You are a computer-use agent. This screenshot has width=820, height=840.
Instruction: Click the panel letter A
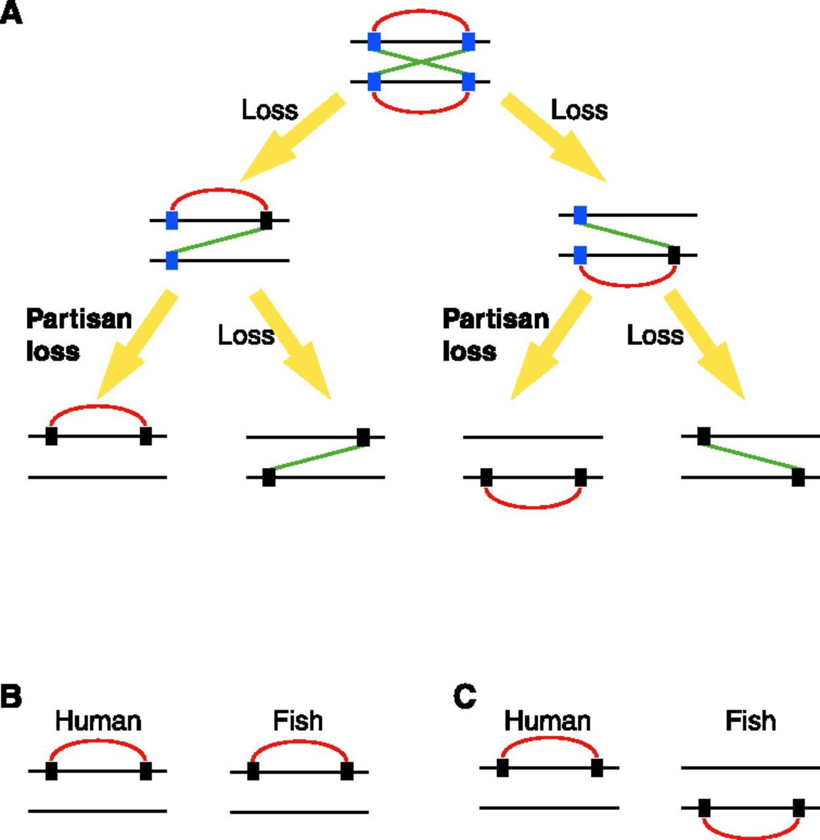coord(11,13)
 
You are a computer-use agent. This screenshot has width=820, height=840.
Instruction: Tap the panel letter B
coord(11,696)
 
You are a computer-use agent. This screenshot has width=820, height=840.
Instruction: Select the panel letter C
coord(465,696)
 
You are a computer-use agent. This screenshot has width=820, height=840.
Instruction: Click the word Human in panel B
coord(98,721)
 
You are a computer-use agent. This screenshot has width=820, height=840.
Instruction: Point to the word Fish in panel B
coord(297,721)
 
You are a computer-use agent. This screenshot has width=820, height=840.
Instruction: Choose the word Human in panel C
coord(547,721)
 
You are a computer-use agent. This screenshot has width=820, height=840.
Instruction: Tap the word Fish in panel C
coord(750,721)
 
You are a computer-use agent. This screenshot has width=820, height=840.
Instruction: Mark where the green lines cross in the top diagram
coord(421,62)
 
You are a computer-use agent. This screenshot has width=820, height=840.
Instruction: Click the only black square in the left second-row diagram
coord(266,220)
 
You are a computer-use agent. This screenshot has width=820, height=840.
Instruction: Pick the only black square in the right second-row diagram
coord(674,255)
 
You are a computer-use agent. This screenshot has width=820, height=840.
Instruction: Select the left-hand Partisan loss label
coord(78,335)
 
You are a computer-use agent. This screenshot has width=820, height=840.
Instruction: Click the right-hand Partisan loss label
coord(495,335)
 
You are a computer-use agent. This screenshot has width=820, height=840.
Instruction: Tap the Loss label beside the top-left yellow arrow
coord(269,110)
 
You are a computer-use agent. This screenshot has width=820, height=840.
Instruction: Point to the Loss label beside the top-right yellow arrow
coord(578,110)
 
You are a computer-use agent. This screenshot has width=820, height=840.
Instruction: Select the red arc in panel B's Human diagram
coord(98,742)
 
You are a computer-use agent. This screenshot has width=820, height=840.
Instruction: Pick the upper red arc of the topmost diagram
coord(421,11)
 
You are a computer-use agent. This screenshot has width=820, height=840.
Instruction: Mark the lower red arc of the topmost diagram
coord(421,112)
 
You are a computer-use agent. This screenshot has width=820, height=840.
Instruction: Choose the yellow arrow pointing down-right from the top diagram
coord(551,138)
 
